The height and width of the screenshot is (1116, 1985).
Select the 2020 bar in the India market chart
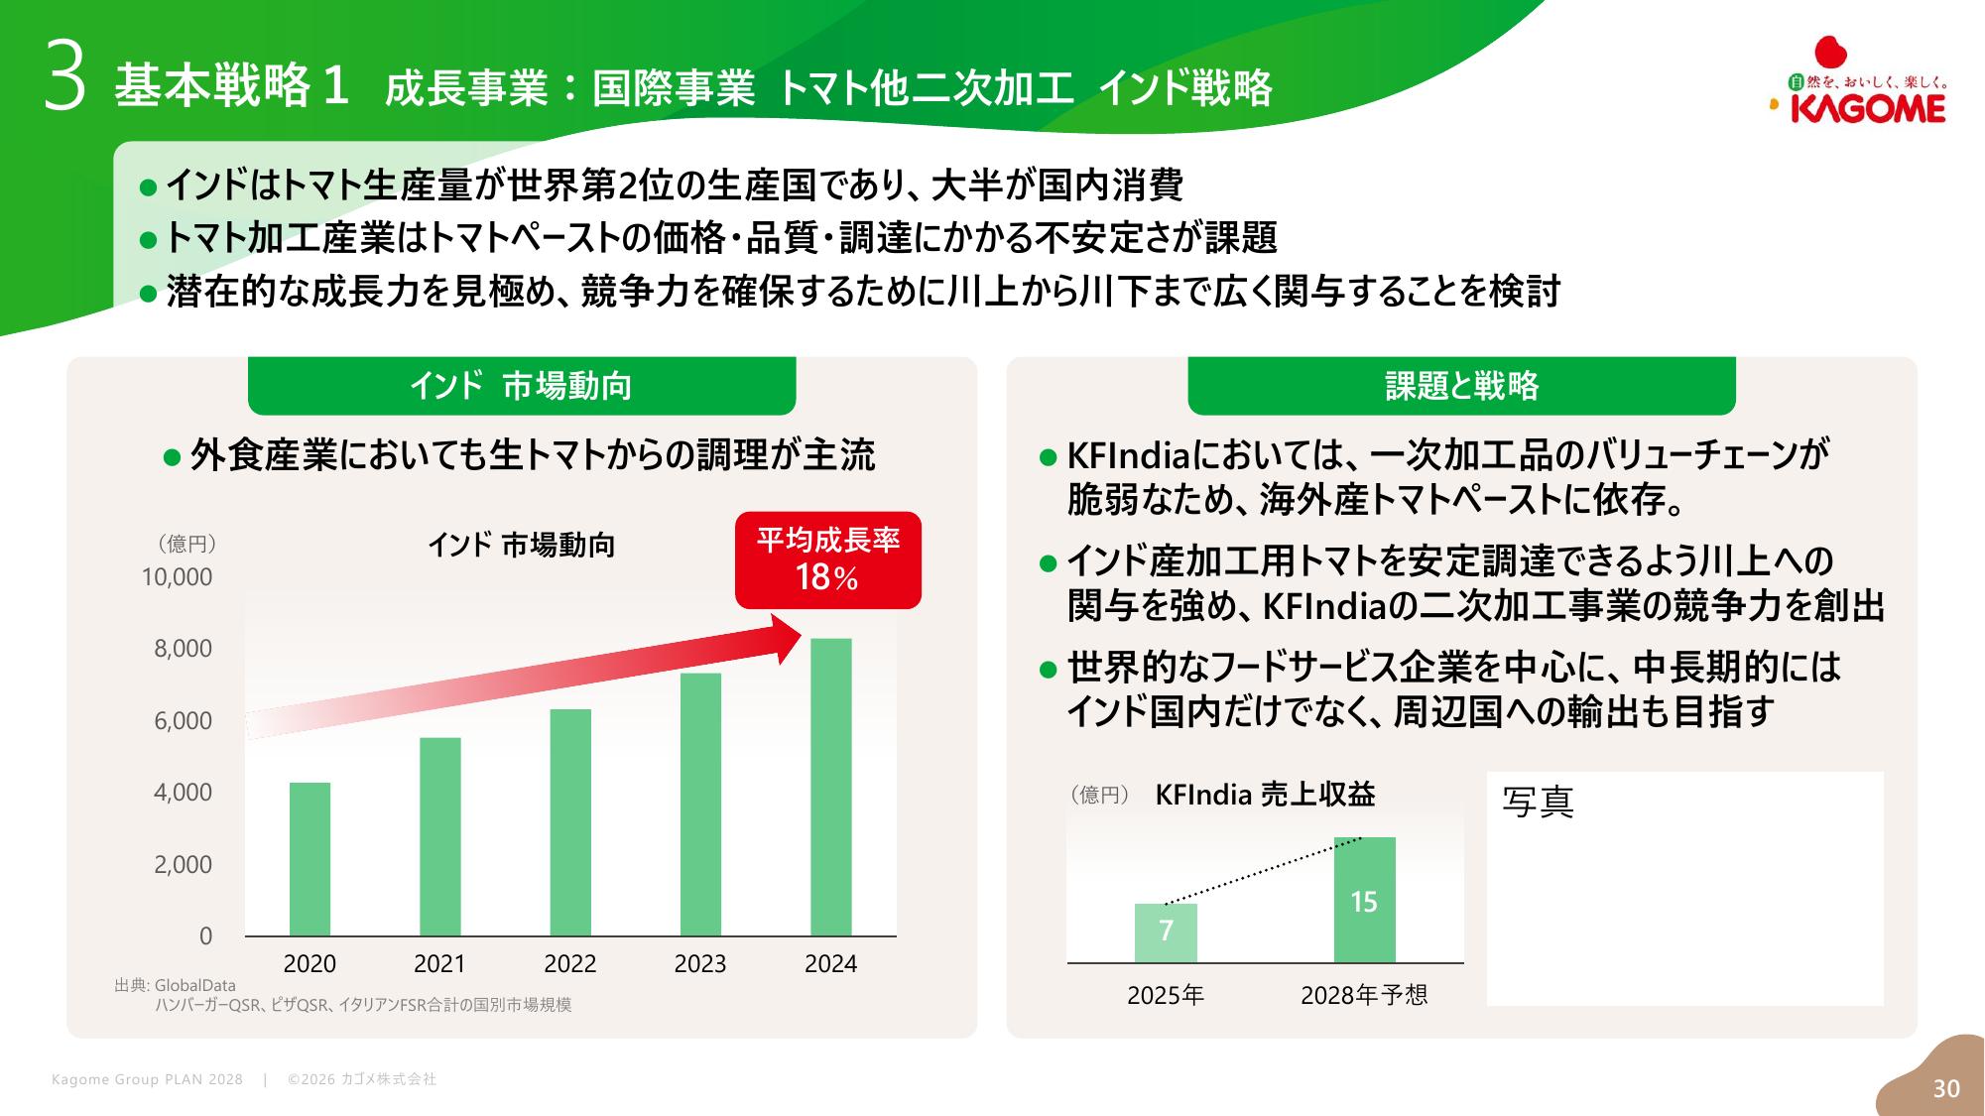point(310,859)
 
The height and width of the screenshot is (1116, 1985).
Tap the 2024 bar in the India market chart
point(830,787)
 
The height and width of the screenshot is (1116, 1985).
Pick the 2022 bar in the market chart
point(570,822)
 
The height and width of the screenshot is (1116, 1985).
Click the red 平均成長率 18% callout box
point(827,560)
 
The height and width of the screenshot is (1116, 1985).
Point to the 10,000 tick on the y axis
point(177,577)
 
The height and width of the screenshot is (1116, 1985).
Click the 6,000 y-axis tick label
point(183,721)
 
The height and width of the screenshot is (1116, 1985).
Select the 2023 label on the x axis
point(700,964)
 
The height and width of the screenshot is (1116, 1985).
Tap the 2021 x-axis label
point(439,964)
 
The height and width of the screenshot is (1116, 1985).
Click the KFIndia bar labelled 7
point(1166,932)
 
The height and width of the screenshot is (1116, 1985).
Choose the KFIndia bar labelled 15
point(1364,900)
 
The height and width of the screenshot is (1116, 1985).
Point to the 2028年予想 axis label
point(1364,995)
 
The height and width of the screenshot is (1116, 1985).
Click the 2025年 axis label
point(1166,995)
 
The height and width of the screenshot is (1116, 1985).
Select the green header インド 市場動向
point(521,386)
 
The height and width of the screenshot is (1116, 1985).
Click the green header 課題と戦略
point(1461,386)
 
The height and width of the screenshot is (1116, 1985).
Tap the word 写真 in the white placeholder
point(1538,803)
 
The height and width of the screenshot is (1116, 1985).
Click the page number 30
point(1946,1088)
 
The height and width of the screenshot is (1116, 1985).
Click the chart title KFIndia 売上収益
point(1265,795)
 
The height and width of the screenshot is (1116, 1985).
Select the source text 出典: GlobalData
point(176,985)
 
